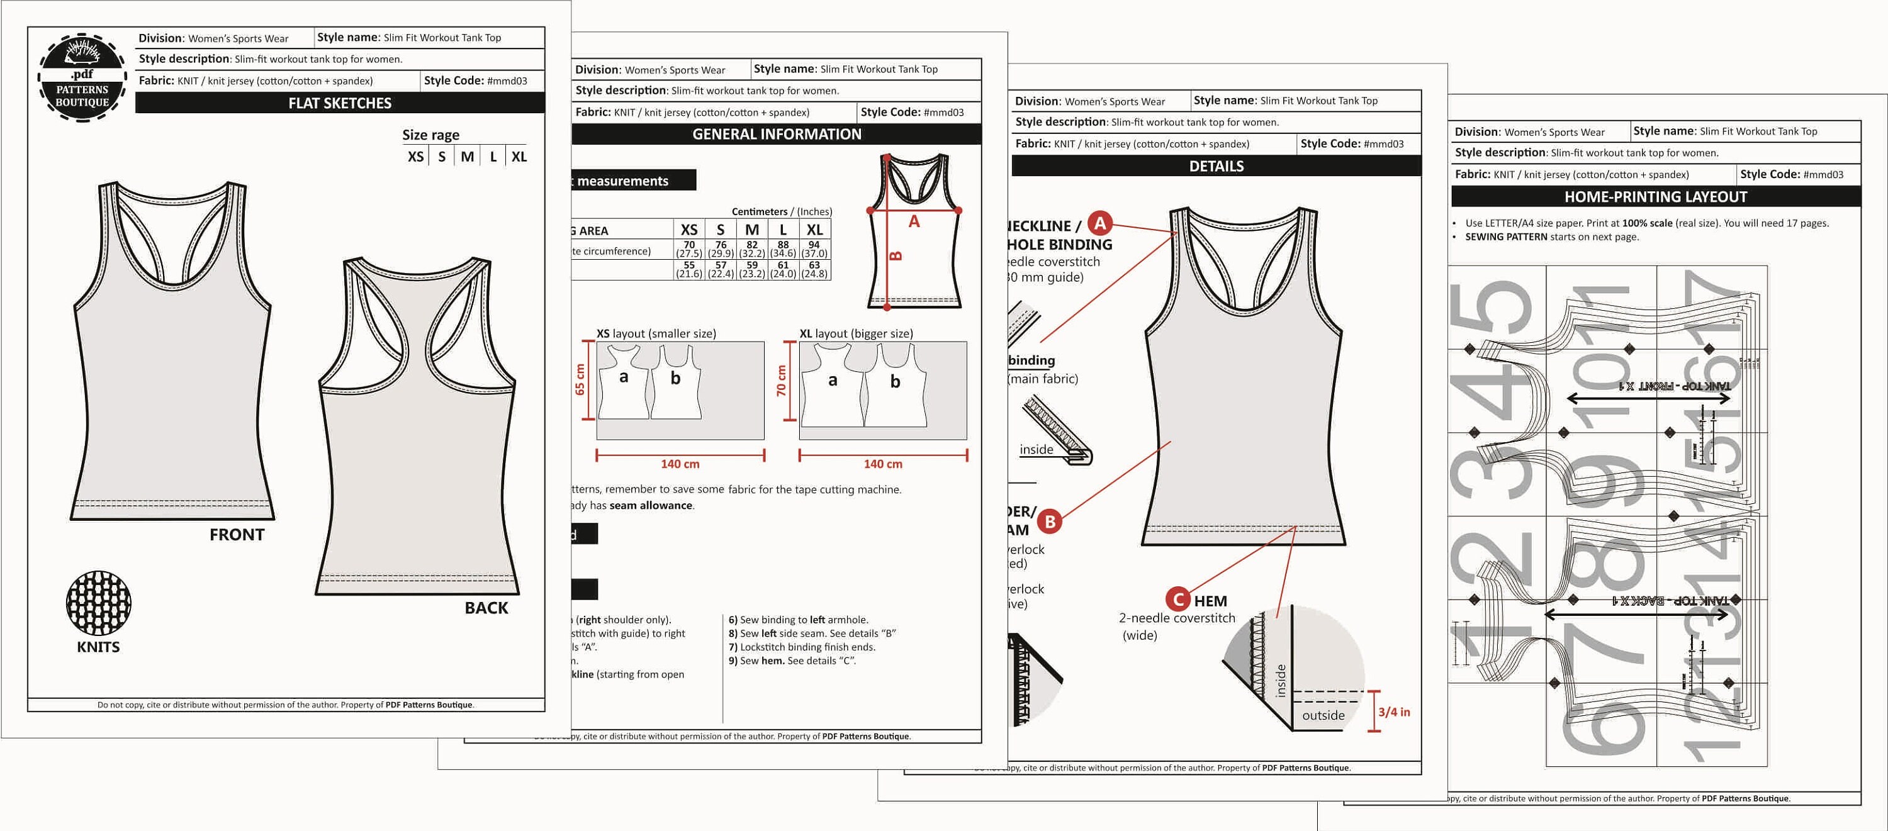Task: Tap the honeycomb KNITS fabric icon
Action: (98, 603)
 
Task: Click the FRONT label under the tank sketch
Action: (237, 534)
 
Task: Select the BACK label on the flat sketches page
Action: (486, 608)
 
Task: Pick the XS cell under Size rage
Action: (415, 157)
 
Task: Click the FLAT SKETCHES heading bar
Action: (339, 103)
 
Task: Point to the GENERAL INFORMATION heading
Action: (776, 134)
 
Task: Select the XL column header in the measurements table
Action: (814, 230)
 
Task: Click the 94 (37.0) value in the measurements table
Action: (814, 249)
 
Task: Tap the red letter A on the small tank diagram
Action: (913, 221)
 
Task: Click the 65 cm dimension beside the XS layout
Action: (580, 379)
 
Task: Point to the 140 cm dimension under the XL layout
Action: (882, 464)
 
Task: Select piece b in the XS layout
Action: (675, 378)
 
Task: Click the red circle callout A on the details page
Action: (1099, 223)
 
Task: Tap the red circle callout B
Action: (1050, 521)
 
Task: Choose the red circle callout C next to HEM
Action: (1178, 600)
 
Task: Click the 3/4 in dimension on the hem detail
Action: (1393, 711)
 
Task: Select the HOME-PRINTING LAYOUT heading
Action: (1655, 197)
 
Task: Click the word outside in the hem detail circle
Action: (1323, 715)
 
